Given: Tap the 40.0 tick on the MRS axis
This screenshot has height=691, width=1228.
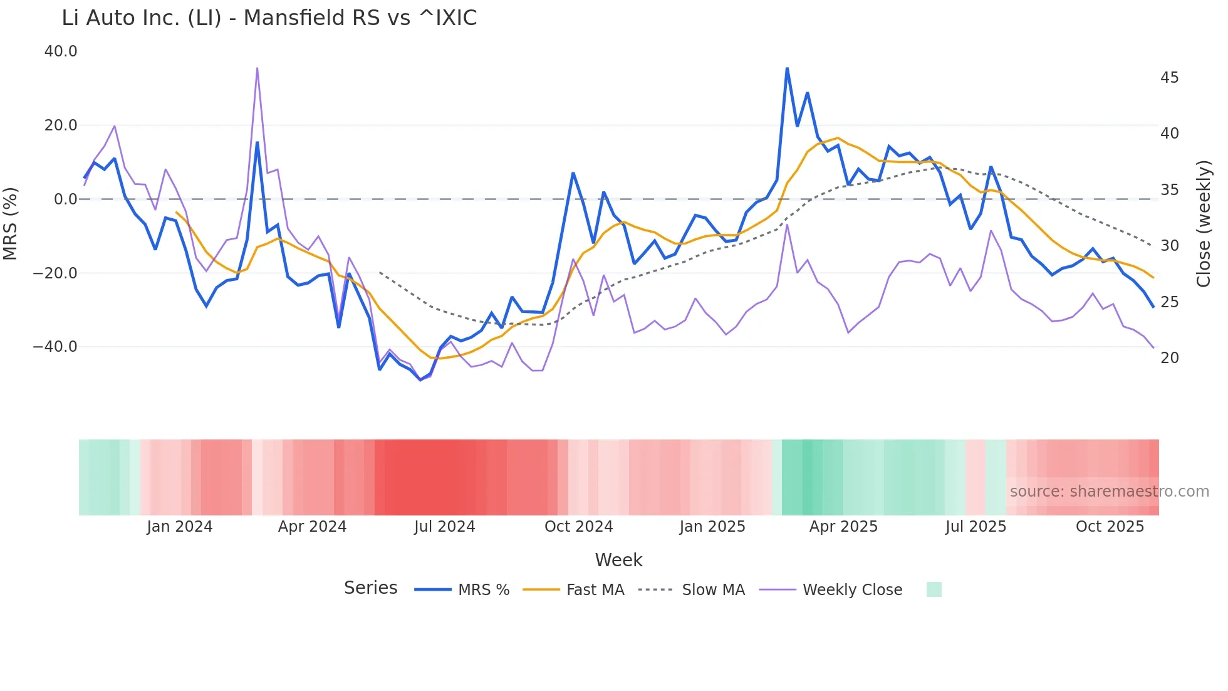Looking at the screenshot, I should pos(61,51).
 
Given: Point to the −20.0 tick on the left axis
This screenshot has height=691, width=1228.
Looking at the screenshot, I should pos(55,273).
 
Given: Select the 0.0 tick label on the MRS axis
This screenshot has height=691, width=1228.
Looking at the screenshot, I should pos(65,199).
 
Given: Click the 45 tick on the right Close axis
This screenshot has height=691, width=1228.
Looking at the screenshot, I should pos(1169,78).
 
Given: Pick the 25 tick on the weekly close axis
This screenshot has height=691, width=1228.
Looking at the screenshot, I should pos(1169,302).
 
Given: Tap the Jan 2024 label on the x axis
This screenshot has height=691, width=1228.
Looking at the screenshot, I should pos(180,527).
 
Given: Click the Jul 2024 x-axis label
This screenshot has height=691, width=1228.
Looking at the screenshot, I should pos(444,527).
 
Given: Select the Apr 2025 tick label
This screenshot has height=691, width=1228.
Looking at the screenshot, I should pos(843,527).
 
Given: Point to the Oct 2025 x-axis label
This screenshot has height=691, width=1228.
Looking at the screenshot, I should pos(1110,527).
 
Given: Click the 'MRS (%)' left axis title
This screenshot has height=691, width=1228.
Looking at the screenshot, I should pos(11,223).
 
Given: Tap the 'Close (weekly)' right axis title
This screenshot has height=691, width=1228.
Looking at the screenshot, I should pos(1204,224).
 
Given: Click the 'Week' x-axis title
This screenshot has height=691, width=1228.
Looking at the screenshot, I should pos(618,560).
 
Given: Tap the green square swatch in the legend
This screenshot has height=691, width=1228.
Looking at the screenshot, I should pos(934,590).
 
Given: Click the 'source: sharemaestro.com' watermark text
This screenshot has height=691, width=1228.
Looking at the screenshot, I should pos(1109,492).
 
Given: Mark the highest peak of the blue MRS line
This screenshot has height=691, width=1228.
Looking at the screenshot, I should pos(787,68).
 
